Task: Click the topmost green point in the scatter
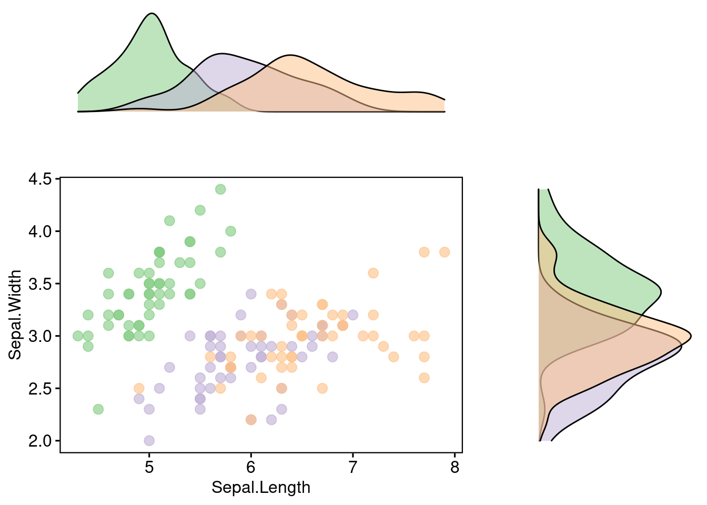coord(220,189)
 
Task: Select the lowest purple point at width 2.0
coord(149,440)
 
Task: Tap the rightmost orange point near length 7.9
coord(445,252)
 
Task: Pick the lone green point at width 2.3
coord(98,409)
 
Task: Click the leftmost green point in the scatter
coord(78,336)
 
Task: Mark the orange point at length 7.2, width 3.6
coord(373,273)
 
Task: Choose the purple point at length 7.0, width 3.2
coord(352,315)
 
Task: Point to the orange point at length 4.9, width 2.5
coord(139,388)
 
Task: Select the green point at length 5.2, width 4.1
coord(169,220)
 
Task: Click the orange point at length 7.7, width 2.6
coord(424,378)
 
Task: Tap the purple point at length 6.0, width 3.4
coord(251,294)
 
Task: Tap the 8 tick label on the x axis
coord(455,467)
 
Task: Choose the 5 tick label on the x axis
coord(149,467)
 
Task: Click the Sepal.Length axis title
coord(261,488)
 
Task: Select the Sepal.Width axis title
coord(15,315)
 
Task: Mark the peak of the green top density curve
coord(151,14)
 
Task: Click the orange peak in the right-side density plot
coord(690,336)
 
